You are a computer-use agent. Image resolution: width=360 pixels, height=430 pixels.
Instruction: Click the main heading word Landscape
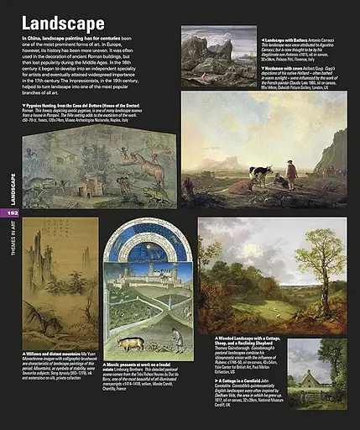point(63,23)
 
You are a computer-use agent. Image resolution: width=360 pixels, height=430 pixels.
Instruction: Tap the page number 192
point(11,212)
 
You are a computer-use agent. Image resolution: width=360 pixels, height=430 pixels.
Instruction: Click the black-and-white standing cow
point(263,174)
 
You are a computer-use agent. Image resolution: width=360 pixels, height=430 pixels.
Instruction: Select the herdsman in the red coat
point(291,174)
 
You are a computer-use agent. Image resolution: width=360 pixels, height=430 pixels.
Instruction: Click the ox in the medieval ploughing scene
point(131,343)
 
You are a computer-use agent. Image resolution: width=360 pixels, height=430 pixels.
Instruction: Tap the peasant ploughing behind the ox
point(175,338)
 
